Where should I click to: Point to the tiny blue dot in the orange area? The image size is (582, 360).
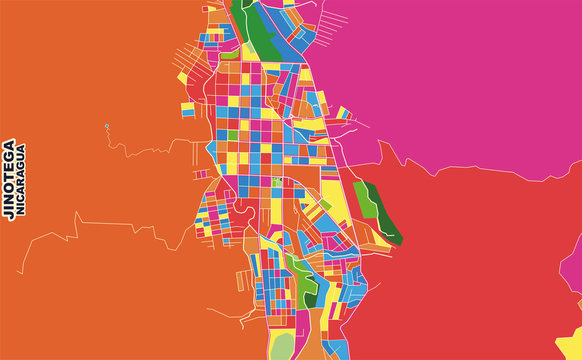(x=106, y=126)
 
